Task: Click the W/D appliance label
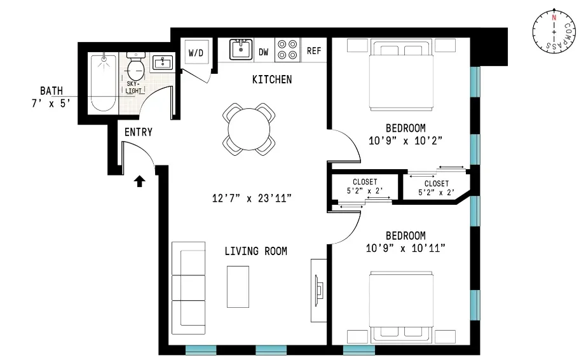click(195, 53)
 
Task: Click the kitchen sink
click(240, 50)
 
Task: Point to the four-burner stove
click(287, 50)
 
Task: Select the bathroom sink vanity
click(163, 62)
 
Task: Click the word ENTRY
click(138, 132)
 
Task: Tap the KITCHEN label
click(272, 80)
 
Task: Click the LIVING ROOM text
click(256, 251)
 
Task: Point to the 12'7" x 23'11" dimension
click(252, 198)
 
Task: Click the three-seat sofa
click(189, 284)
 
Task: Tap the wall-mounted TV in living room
click(317, 290)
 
